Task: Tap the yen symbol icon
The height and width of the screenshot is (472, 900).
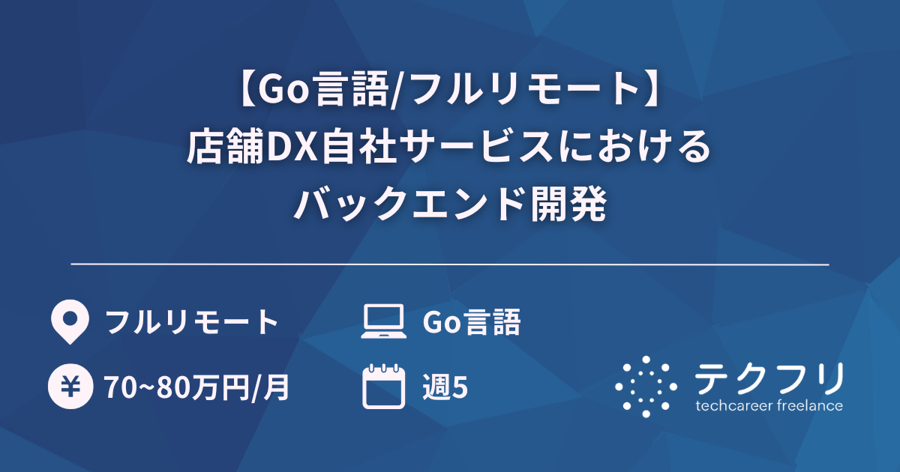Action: (70, 387)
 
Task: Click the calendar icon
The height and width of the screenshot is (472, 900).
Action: (382, 387)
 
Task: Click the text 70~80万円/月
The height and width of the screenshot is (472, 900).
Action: (196, 388)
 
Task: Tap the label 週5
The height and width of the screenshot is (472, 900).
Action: (446, 388)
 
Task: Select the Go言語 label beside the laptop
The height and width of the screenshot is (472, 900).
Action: (472, 323)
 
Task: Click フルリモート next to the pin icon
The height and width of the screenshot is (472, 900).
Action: (192, 323)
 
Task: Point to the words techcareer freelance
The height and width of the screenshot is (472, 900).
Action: (769, 406)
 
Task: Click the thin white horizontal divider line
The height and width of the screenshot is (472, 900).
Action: (450, 264)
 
